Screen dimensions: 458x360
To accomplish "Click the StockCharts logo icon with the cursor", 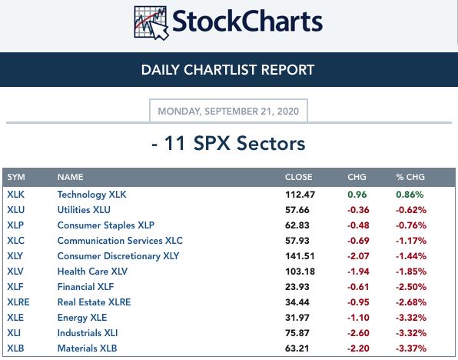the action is (151, 22).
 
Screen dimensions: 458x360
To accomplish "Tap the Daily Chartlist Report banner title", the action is (227, 70).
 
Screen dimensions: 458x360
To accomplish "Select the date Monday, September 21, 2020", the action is (228, 111).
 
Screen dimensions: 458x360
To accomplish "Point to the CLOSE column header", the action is (298, 177).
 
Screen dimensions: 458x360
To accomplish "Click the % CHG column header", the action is (410, 177).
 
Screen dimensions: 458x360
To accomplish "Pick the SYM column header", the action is (16, 177).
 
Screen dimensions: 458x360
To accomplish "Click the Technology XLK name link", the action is (91, 195).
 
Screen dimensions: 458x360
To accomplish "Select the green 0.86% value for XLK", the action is (410, 195).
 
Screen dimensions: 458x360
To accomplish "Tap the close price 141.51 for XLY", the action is (300, 256).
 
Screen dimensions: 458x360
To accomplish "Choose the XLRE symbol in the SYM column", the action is (18, 302).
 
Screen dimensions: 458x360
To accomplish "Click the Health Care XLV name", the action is (92, 272).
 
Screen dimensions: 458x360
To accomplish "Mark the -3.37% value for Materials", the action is (411, 348).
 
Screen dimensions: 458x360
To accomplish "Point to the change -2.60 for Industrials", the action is (358, 333).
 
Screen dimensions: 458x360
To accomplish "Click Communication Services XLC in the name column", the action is (120, 241).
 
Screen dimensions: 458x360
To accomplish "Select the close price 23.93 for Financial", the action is (297, 287).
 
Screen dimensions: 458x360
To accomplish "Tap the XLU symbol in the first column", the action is (16, 210).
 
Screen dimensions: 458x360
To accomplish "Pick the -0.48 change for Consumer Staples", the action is (358, 225).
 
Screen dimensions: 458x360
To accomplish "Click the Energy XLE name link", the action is (82, 318).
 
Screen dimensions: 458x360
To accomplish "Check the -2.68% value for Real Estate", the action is (411, 302).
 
